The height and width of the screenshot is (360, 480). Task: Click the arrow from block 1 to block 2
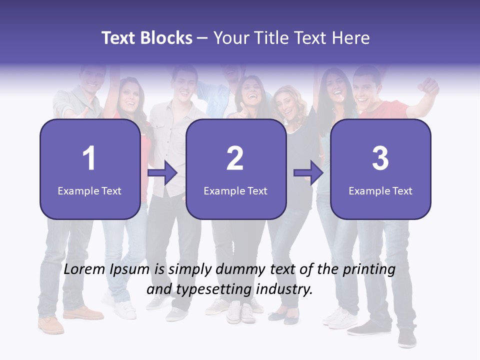click(163, 173)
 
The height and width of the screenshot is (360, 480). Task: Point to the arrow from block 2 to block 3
click(308, 173)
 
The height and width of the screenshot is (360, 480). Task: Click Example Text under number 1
click(89, 190)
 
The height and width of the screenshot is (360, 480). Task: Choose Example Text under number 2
click(235, 190)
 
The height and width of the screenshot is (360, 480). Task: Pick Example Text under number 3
click(380, 190)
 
